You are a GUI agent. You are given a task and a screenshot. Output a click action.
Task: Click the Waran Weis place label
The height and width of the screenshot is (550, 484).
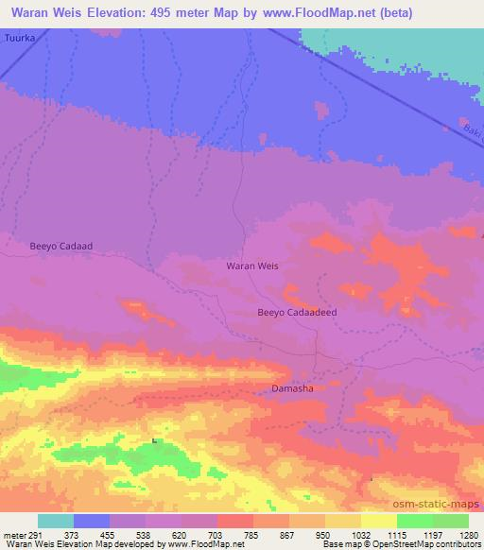(x=252, y=266)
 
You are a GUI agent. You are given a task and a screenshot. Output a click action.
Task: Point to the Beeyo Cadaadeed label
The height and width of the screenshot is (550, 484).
(x=297, y=312)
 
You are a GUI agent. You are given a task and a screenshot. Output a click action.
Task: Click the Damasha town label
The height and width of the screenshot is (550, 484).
(x=292, y=388)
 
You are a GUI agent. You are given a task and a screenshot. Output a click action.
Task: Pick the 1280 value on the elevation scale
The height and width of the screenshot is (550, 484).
(x=468, y=534)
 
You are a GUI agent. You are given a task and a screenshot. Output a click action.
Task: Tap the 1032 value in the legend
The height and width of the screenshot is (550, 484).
(x=360, y=534)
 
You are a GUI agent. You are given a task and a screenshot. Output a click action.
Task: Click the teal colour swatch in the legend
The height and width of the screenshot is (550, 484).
(x=56, y=521)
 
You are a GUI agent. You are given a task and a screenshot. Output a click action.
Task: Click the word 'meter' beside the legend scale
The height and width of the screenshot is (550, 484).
(x=10, y=534)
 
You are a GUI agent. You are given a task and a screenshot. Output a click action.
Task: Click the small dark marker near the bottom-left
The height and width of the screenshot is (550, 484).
(x=153, y=438)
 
